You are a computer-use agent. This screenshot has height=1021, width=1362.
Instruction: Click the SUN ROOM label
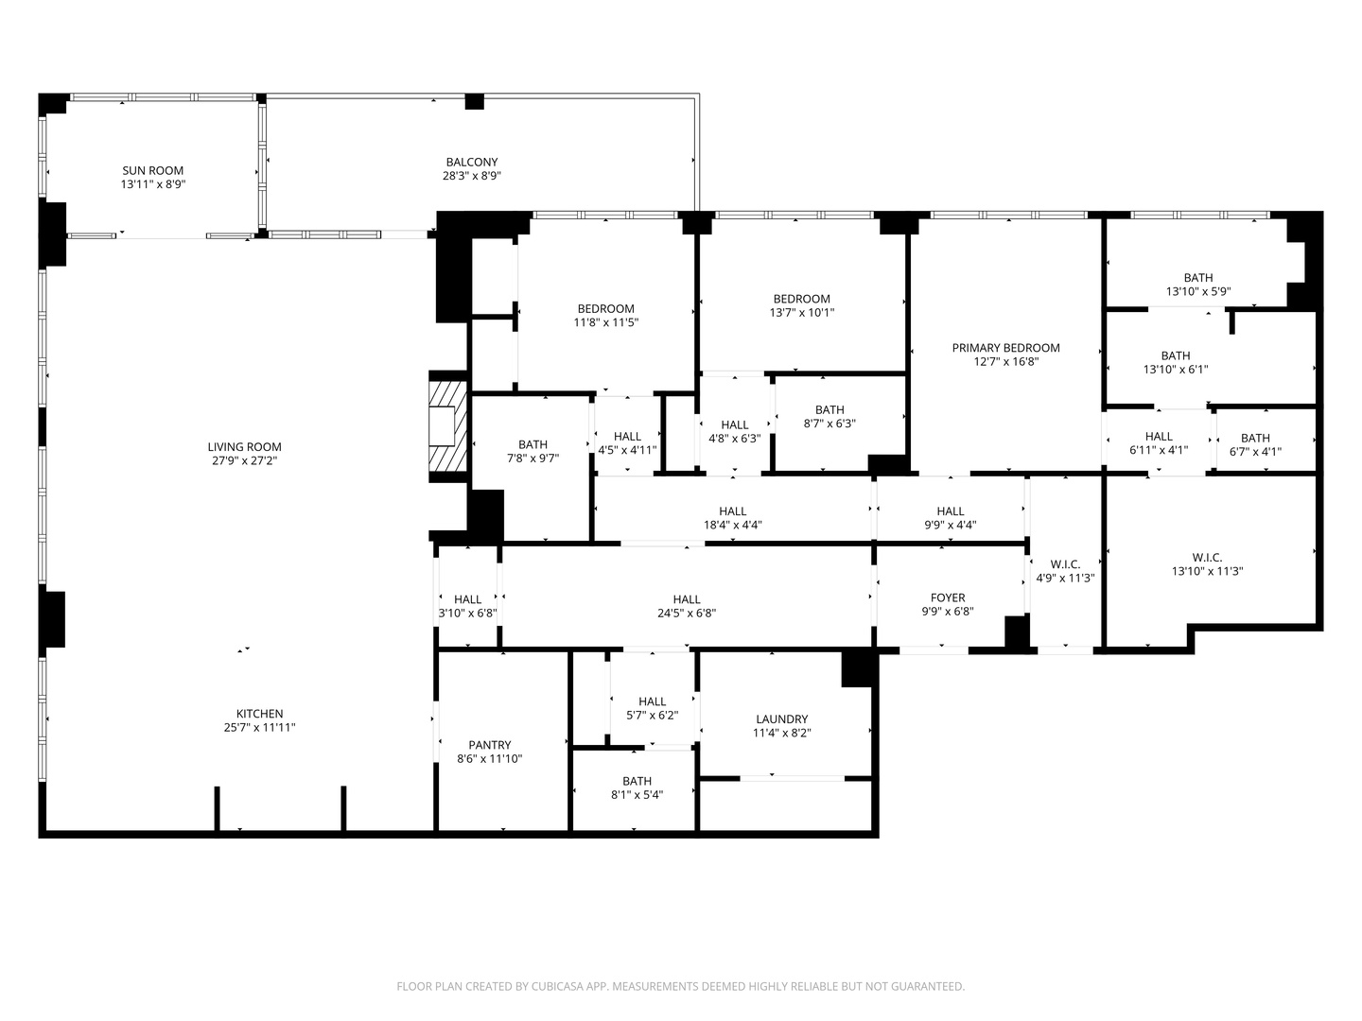tap(152, 171)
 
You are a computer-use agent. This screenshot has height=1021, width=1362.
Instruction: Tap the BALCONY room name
tap(471, 163)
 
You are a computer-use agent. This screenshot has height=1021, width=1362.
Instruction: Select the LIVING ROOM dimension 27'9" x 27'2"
tap(244, 461)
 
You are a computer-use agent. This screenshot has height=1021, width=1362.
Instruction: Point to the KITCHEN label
tap(259, 714)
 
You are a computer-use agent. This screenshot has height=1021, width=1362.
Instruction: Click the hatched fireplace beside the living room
tap(447, 426)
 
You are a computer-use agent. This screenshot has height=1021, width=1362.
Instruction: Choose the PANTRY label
tap(489, 745)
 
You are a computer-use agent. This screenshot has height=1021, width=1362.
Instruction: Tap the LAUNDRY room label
tap(781, 719)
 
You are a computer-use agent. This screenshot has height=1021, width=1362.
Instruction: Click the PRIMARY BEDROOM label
tap(1005, 348)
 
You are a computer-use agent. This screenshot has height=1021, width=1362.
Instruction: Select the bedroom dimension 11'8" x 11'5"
tap(605, 322)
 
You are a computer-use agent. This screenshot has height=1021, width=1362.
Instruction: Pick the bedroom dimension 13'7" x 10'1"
tap(801, 313)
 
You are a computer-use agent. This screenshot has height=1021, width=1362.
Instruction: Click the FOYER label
tap(947, 597)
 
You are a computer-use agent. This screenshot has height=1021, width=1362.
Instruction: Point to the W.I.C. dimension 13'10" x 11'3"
tap(1207, 571)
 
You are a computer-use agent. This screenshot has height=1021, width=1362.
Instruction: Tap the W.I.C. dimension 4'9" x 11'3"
tap(1064, 579)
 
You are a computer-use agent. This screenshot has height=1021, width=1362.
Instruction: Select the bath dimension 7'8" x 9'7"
tap(533, 459)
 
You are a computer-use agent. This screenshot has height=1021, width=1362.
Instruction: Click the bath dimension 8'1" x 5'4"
tap(637, 795)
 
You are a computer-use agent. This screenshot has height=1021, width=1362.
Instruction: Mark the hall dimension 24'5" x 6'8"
tap(686, 613)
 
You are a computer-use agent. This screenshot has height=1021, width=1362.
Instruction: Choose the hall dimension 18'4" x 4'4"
tap(732, 525)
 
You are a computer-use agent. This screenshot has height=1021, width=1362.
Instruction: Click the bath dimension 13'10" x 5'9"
tap(1197, 292)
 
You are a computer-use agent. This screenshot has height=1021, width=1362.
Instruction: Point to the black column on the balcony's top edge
tap(474, 101)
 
